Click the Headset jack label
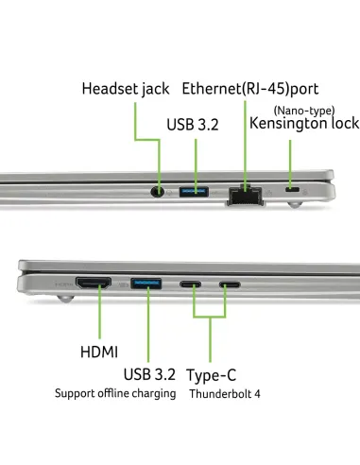[x=126, y=89]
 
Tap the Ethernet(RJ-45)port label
[x=250, y=89]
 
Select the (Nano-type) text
[x=304, y=111]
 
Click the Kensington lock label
[x=304, y=124]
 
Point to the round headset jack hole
[x=158, y=192]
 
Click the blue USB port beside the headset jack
[x=194, y=192]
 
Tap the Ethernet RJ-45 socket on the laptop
[x=246, y=197]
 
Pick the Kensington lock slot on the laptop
[x=292, y=190]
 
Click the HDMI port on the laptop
[x=94, y=283]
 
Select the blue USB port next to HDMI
[x=146, y=284]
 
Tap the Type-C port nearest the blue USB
[x=190, y=284]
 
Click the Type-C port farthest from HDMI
[x=230, y=284]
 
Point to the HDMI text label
[x=99, y=352]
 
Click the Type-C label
[x=212, y=375]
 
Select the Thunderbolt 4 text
[x=225, y=394]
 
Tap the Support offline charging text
[x=115, y=393]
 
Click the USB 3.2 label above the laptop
[x=193, y=125]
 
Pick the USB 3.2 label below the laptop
[x=149, y=374]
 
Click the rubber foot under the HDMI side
[x=65, y=298]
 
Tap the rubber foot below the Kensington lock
[x=295, y=204]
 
